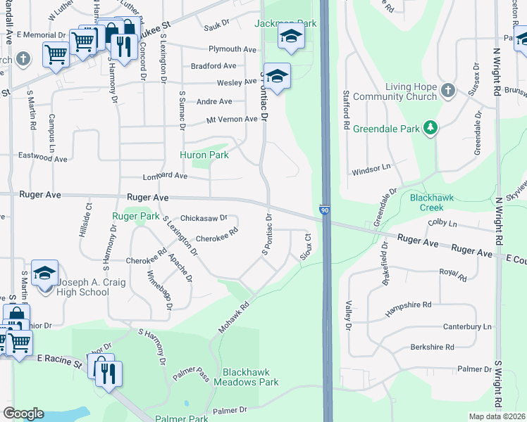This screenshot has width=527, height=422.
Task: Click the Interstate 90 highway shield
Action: coord(324,210)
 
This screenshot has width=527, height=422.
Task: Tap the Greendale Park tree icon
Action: coord(429,128)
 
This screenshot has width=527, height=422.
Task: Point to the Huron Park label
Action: coord(204,155)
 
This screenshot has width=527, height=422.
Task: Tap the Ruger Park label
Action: coord(136,217)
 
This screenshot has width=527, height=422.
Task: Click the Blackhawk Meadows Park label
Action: coord(250,377)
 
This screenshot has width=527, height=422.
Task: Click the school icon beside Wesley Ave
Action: coord(278,77)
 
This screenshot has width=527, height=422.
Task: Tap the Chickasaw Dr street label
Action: coord(204,218)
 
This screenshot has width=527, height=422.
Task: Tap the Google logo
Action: coord(23,414)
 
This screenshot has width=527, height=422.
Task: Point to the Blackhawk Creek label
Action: coord(437,203)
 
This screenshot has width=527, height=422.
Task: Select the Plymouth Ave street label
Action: coord(232,49)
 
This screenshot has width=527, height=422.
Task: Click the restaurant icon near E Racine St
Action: coord(108,374)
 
